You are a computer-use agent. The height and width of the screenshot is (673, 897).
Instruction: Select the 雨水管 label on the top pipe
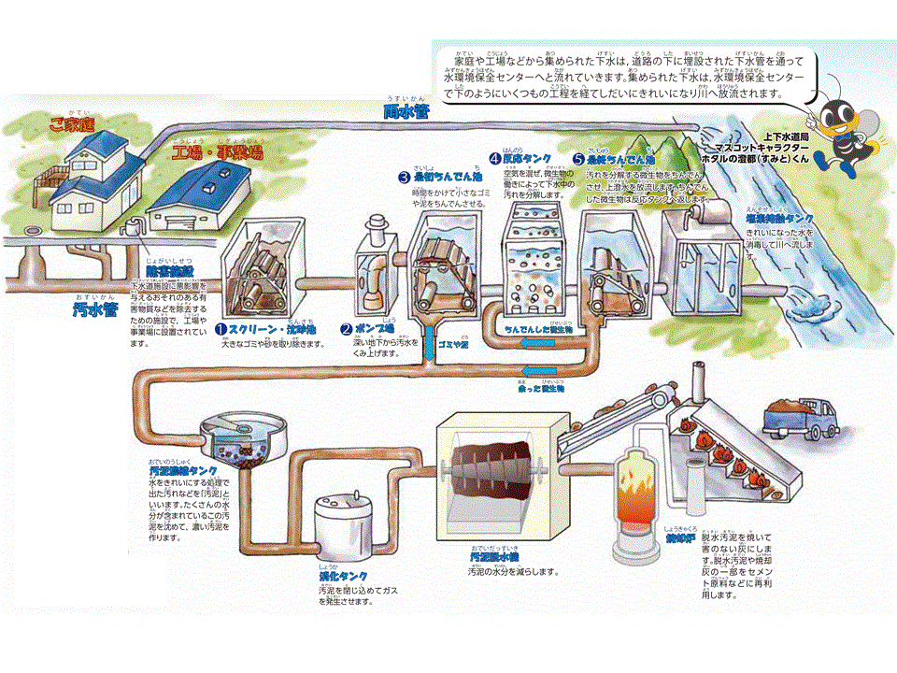(407, 109)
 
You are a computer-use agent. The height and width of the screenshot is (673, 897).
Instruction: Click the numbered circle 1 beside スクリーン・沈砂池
(221, 329)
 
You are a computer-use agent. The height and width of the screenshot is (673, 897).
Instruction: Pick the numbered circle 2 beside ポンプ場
(346, 329)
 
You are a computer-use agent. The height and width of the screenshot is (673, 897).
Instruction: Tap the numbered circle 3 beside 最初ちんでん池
(404, 176)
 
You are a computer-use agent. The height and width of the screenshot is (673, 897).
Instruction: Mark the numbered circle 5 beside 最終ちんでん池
(578, 159)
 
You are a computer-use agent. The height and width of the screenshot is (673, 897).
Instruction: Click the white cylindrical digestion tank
(339, 532)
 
